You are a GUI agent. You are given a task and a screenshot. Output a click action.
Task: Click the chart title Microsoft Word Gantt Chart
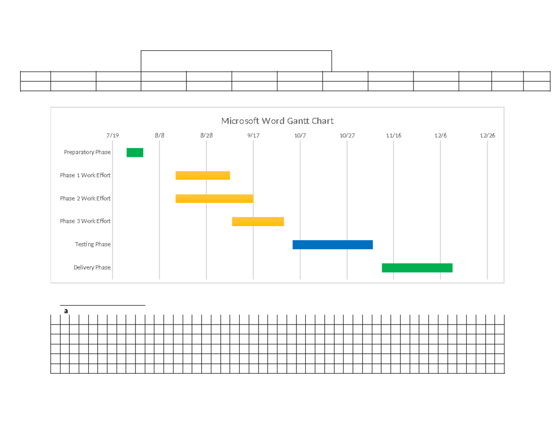277,121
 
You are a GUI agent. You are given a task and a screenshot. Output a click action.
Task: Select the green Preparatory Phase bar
135,152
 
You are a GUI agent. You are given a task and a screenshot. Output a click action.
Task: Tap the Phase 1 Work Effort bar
203,175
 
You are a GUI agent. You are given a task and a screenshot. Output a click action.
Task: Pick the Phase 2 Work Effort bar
214,199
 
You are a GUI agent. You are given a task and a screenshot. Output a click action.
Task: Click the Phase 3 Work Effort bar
258,222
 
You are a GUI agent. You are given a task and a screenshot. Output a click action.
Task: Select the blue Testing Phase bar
333,245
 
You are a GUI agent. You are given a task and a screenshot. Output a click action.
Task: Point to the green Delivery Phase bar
417,268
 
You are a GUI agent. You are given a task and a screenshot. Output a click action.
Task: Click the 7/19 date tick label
113,135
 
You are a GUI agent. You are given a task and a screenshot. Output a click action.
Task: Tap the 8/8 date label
160,135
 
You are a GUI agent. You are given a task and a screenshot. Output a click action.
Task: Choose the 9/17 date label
253,135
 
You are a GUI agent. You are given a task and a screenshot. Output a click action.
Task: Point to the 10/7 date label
300,135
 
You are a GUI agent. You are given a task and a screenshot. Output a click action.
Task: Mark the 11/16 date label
394,135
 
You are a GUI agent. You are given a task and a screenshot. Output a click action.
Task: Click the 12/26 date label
487,135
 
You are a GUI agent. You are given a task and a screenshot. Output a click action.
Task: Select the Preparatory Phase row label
87,152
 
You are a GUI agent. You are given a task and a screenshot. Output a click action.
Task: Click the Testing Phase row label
92,244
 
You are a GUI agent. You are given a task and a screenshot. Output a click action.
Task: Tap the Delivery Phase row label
92,267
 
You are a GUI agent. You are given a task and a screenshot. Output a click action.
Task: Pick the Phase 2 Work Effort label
85,199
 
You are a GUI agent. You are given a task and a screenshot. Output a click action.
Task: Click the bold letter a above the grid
66,311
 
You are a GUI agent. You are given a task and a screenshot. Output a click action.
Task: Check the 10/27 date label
347,135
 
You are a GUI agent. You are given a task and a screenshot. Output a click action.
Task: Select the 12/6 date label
441,135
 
